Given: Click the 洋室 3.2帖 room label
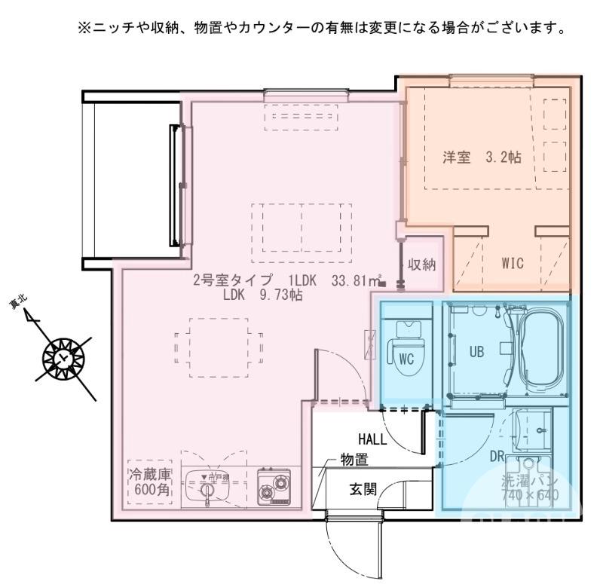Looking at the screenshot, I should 482,159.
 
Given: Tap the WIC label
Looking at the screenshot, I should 513,263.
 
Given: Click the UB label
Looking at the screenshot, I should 476,351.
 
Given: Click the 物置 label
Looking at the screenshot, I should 354,460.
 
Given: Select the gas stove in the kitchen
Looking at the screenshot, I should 273,488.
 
